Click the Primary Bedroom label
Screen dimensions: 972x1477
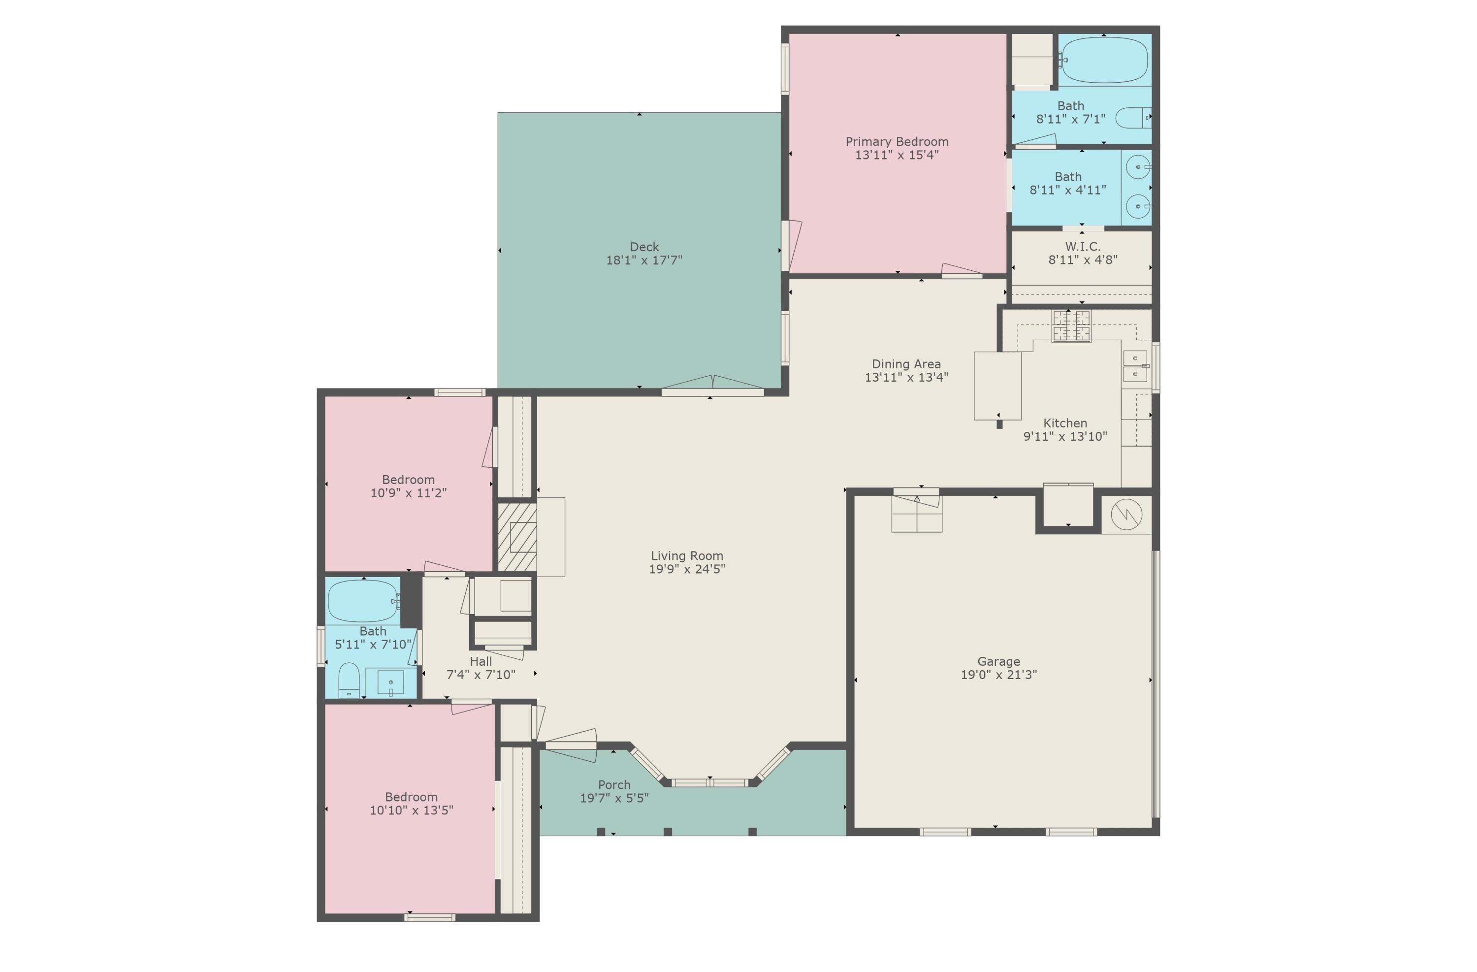coord(897,141)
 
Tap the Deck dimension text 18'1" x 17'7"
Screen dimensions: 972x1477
coord(644,260)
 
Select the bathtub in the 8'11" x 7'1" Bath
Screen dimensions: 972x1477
coord(1103,60)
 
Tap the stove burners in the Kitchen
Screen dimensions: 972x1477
coord(1071,326)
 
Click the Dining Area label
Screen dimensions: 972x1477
coord(906,364)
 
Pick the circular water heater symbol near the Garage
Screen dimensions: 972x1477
coord(1126,514)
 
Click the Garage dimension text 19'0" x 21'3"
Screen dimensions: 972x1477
coord(998,675)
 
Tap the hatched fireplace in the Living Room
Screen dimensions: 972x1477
coord(517,537)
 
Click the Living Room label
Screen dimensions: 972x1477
coord(687,555)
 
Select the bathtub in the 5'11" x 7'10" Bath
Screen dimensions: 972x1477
coord(363,601)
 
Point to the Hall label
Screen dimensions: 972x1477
coord(481,661)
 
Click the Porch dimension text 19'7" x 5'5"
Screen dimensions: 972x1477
coord(614,798)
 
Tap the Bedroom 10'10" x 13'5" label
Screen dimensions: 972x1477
coord(412,797)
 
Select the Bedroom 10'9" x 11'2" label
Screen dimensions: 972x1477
coord(408,479)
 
